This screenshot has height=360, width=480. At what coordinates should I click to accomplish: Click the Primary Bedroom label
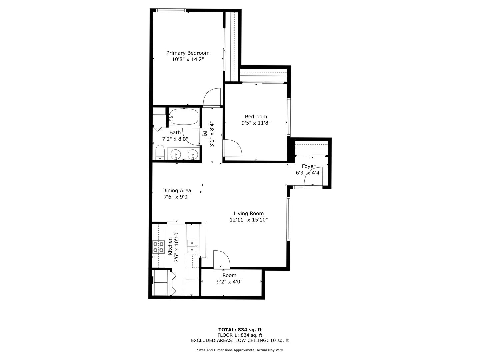(188, 53)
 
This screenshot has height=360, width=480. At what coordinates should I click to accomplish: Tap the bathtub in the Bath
(184, 117)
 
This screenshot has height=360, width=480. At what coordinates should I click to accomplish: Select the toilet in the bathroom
(160, 152)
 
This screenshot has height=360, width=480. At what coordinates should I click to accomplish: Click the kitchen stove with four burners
(159, 247)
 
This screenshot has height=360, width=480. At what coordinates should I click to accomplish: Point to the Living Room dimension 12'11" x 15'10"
(249, 220)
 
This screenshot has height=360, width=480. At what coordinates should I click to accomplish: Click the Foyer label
(309, 166)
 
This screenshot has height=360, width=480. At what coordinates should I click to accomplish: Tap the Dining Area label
(177, 190)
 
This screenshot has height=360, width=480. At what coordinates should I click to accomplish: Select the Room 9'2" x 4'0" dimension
(229, 282)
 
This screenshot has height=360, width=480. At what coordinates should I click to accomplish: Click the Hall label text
(206, 134)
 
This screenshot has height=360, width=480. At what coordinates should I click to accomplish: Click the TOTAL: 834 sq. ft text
(240, 330)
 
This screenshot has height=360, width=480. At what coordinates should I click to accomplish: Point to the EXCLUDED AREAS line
(240, 340)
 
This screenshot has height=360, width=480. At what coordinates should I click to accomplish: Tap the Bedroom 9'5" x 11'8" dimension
(256, 123)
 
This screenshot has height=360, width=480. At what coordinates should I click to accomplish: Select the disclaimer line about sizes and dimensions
(240, 350)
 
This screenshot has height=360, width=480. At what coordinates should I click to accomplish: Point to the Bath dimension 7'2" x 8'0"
(175, 139)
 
